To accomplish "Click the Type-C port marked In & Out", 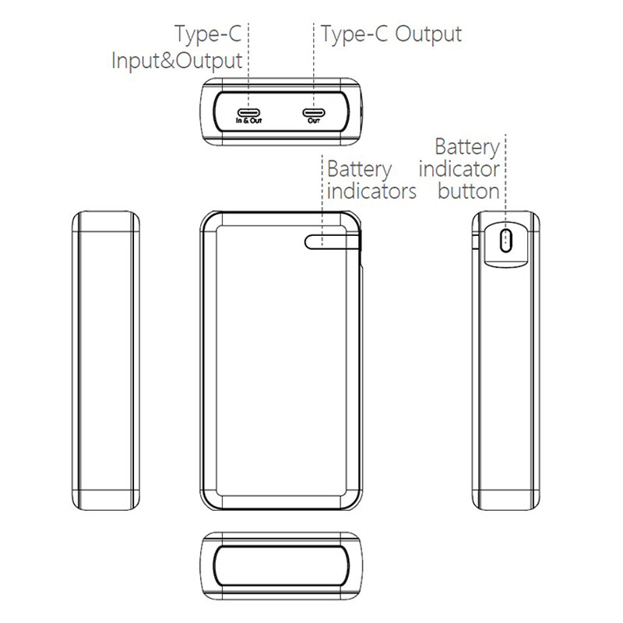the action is tap(248, 112).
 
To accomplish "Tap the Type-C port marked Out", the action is tap(314, 112).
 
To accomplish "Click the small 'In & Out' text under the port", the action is tap(248, 121).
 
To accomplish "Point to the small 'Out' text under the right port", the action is tap(314, 121).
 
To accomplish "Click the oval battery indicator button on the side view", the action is tap(505, 240).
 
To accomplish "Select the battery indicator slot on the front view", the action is tap(333, 241).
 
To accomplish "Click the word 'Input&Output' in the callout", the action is tap(177, 62).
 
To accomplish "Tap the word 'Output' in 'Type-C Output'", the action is tap(428, 34).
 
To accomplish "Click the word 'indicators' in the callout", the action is tap(371, 191).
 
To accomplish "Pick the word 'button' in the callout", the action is tap(469, 191).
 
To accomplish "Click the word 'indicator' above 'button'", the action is tap(459, 169).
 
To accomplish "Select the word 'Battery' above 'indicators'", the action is tap(360, 170).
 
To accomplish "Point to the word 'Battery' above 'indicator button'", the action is tap(467, 147).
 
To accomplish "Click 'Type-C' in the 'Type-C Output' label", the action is tap(354, 34).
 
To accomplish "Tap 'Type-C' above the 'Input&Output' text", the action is tap(208, 34).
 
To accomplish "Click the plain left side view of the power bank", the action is tap(106, 361).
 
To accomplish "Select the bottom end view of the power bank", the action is tap(281, 566).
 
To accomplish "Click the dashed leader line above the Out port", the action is tap(314, 66).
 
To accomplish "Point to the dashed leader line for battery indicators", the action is tap(322, 201).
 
